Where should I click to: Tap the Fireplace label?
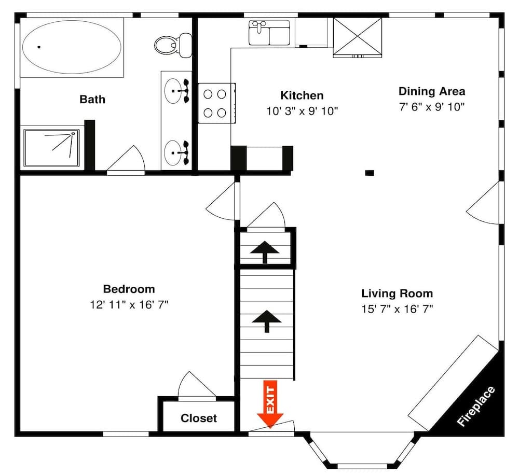[476, 407]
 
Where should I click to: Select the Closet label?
[199, 418]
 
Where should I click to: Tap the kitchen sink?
[269, 32]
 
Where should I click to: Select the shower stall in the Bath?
[51, 147]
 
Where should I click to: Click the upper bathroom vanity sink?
[176, 91]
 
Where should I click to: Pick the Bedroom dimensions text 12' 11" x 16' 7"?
[129, 305]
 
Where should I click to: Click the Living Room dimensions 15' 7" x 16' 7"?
[397, 309]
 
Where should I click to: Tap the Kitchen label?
[302, 95]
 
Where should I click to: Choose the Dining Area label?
[432, 92]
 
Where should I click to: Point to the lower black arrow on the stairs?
[266, 321]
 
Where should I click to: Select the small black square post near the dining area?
[370, 173]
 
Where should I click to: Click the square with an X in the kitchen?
[357, 35]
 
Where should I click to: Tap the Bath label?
[92, 99]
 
